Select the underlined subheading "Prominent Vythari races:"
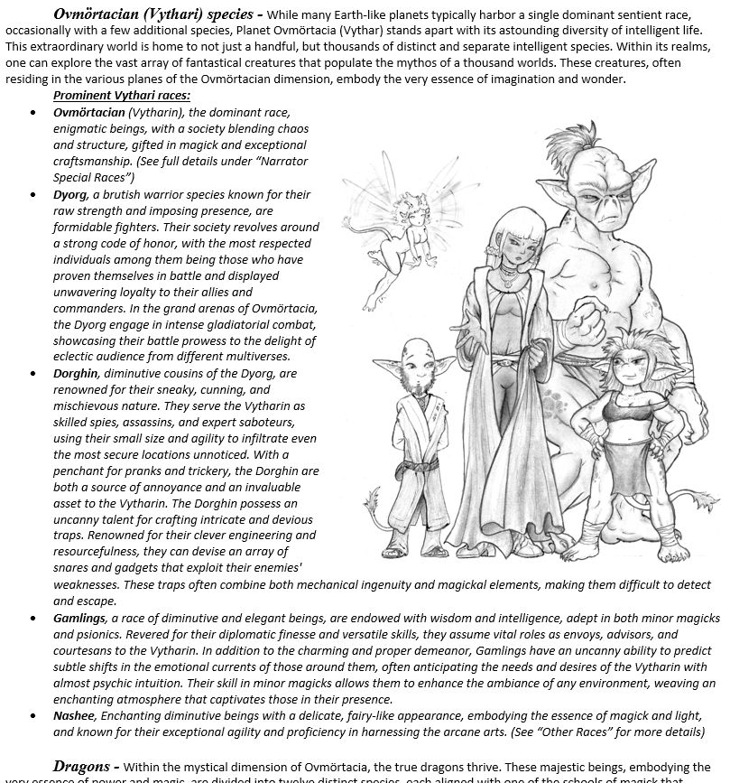pyautogui.click(x=121, y=96)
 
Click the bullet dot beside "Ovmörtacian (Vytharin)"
pyautogui.click(x=33, y=113)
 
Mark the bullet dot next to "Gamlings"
pyautogui.click(x=33, y=619)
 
